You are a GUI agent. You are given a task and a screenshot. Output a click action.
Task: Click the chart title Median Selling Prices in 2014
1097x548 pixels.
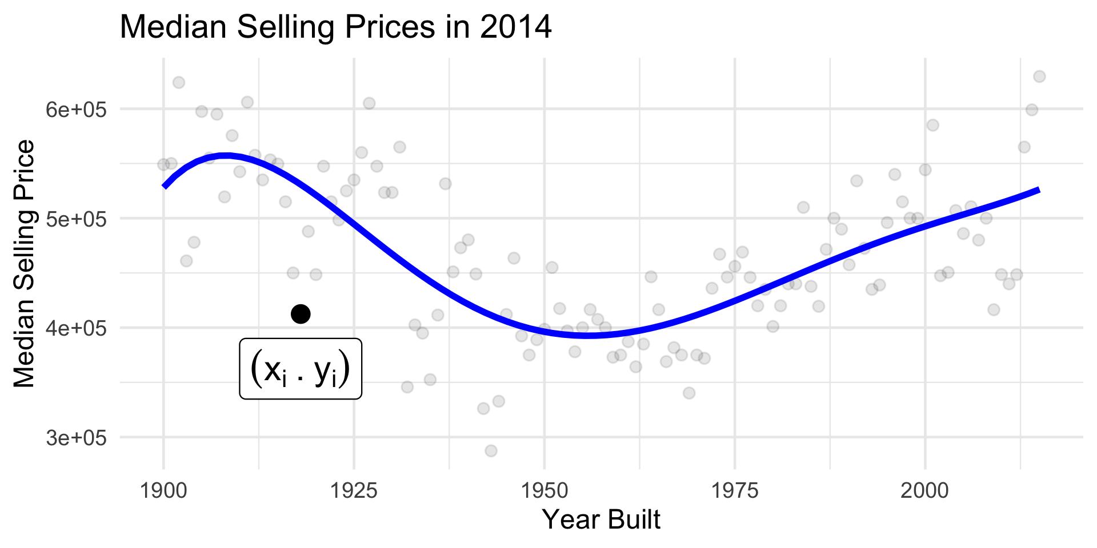click(x=335, y=27)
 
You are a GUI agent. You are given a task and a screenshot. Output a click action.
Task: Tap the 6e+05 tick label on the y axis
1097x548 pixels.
click(x=77, y=109)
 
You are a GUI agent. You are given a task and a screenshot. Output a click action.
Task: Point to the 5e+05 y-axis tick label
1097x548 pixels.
click(x=77, y=219)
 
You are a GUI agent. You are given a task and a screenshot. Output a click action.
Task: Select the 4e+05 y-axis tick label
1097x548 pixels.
click(x=77, y=328)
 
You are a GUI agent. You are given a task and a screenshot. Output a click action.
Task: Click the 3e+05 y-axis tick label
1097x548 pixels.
click(x=77, y=438)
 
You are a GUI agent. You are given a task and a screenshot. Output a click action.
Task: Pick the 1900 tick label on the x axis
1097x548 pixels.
click(x=163, y=491)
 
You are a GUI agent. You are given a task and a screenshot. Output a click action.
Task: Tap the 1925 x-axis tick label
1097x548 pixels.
click(x=354, y=491)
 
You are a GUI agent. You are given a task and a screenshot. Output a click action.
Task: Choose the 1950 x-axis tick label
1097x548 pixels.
click(x=544, y=491)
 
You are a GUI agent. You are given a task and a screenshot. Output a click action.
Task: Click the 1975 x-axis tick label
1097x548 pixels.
click(x=734, y=491)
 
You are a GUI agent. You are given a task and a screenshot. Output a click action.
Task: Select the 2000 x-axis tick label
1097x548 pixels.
click(x=924, y=491)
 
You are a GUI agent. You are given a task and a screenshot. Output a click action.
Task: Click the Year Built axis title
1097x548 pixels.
click(x=601, y=520)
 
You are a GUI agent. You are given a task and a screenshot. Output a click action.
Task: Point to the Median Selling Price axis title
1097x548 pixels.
click(x=25, y=264)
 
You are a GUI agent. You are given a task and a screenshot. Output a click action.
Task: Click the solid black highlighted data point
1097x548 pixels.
click(x=301, y=313)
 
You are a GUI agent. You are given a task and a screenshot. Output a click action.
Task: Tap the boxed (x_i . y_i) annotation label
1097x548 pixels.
click(x=301, y=369)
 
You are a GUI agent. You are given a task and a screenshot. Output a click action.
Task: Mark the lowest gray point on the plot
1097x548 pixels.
click(x=491, y=451)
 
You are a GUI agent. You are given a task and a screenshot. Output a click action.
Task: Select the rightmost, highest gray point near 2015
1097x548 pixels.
click(x=1039, y=76)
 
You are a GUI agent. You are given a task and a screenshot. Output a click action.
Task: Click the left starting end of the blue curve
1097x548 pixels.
click(x=164, y=186)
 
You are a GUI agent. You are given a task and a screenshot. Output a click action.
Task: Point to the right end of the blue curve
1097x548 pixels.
click(x=1039, y=190)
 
